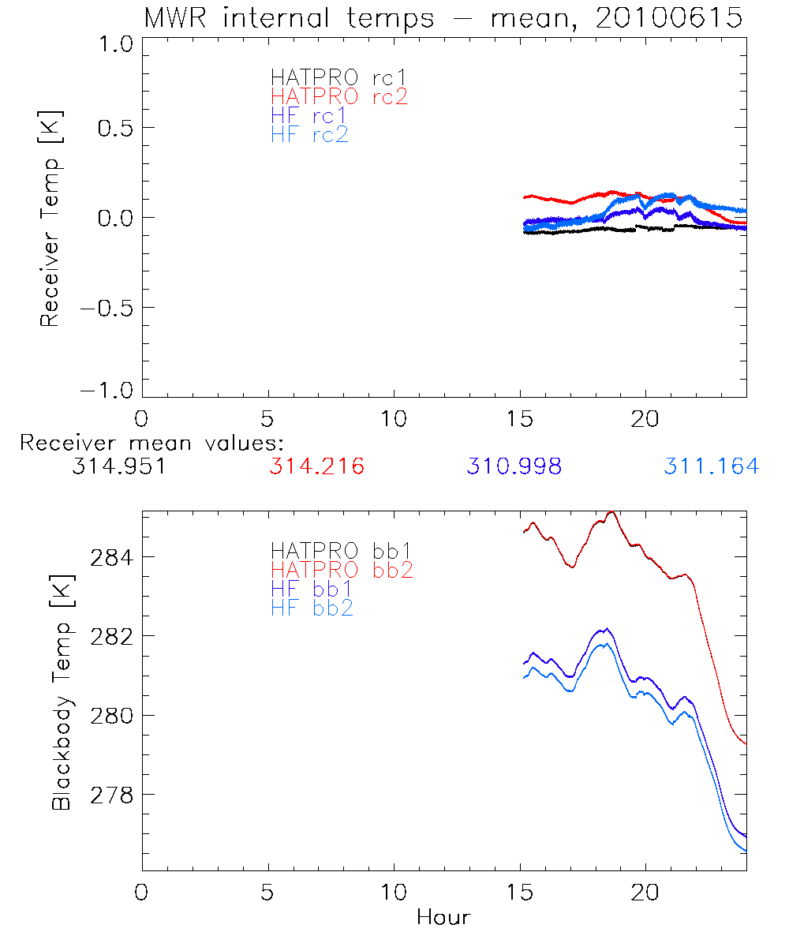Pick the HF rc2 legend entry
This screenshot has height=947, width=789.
coord(309,134)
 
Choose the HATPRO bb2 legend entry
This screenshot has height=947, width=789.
coord(342,569)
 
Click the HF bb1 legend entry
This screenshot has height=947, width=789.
coord(312,588)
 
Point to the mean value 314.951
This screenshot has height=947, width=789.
coord(118,466)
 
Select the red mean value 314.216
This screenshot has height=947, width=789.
coord(316,466)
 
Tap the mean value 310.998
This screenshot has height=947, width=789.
coord(514,466)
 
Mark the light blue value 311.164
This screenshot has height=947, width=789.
coord(711,466)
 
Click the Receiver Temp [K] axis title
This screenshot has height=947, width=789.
coord(50,219)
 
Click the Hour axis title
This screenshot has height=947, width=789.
coord(443,918)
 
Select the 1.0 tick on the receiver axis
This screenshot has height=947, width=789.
coord(114,45)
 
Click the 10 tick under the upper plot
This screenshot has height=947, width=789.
coord(394,418)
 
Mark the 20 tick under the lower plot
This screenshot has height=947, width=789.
coord(645,893)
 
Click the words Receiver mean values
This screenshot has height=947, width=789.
coord(152,443)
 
